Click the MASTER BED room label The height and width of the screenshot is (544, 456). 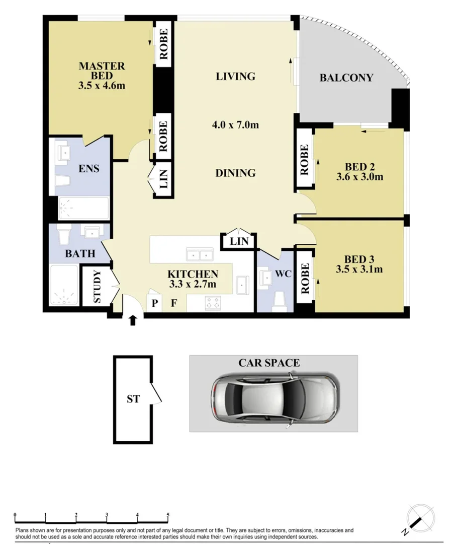pyautogui.click(x=102, y=76)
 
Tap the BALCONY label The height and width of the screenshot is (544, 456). pyautogui.click(x=346, y=78)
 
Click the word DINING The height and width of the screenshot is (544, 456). pyautogui.click(x=235, y=173)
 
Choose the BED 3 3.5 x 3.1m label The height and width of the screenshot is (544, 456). pyautogui.click(x=359, y=264)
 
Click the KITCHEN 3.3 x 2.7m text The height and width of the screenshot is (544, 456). pyautogui.click(x=193, y=279)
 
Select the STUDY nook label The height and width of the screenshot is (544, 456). pyautogui.click(x=98, y=287)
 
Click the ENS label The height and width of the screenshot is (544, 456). pyautogui.click(x=88, y=169)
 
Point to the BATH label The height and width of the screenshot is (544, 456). pyautogui.click(x=80, y=254)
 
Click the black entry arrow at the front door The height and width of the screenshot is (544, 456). pyautogui.click(x=133, y=320)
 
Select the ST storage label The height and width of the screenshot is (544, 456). pyautogui.click(x=133, y=399)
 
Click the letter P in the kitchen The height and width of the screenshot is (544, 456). pyautogui.click(x=155, y=303)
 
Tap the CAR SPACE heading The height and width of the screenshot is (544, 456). pyautogui.click(x=269, y=363)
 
